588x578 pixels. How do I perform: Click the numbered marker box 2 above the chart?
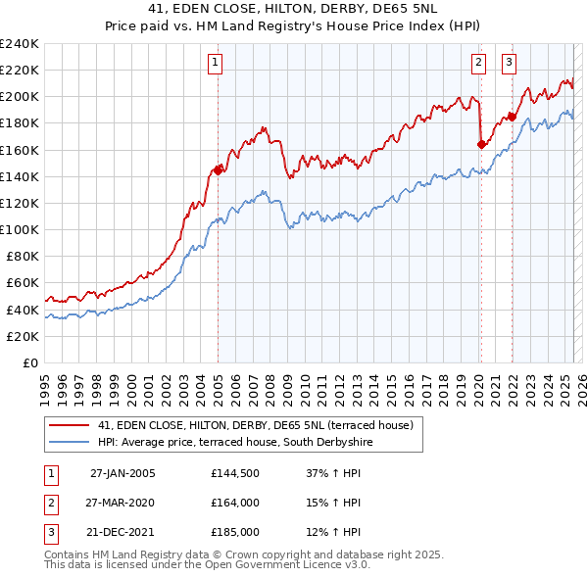coord(479,64)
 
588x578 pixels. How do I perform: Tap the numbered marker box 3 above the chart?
coord(510,64)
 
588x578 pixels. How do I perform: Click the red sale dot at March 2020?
coord(481,144)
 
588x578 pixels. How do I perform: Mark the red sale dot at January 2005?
coord(218,169)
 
